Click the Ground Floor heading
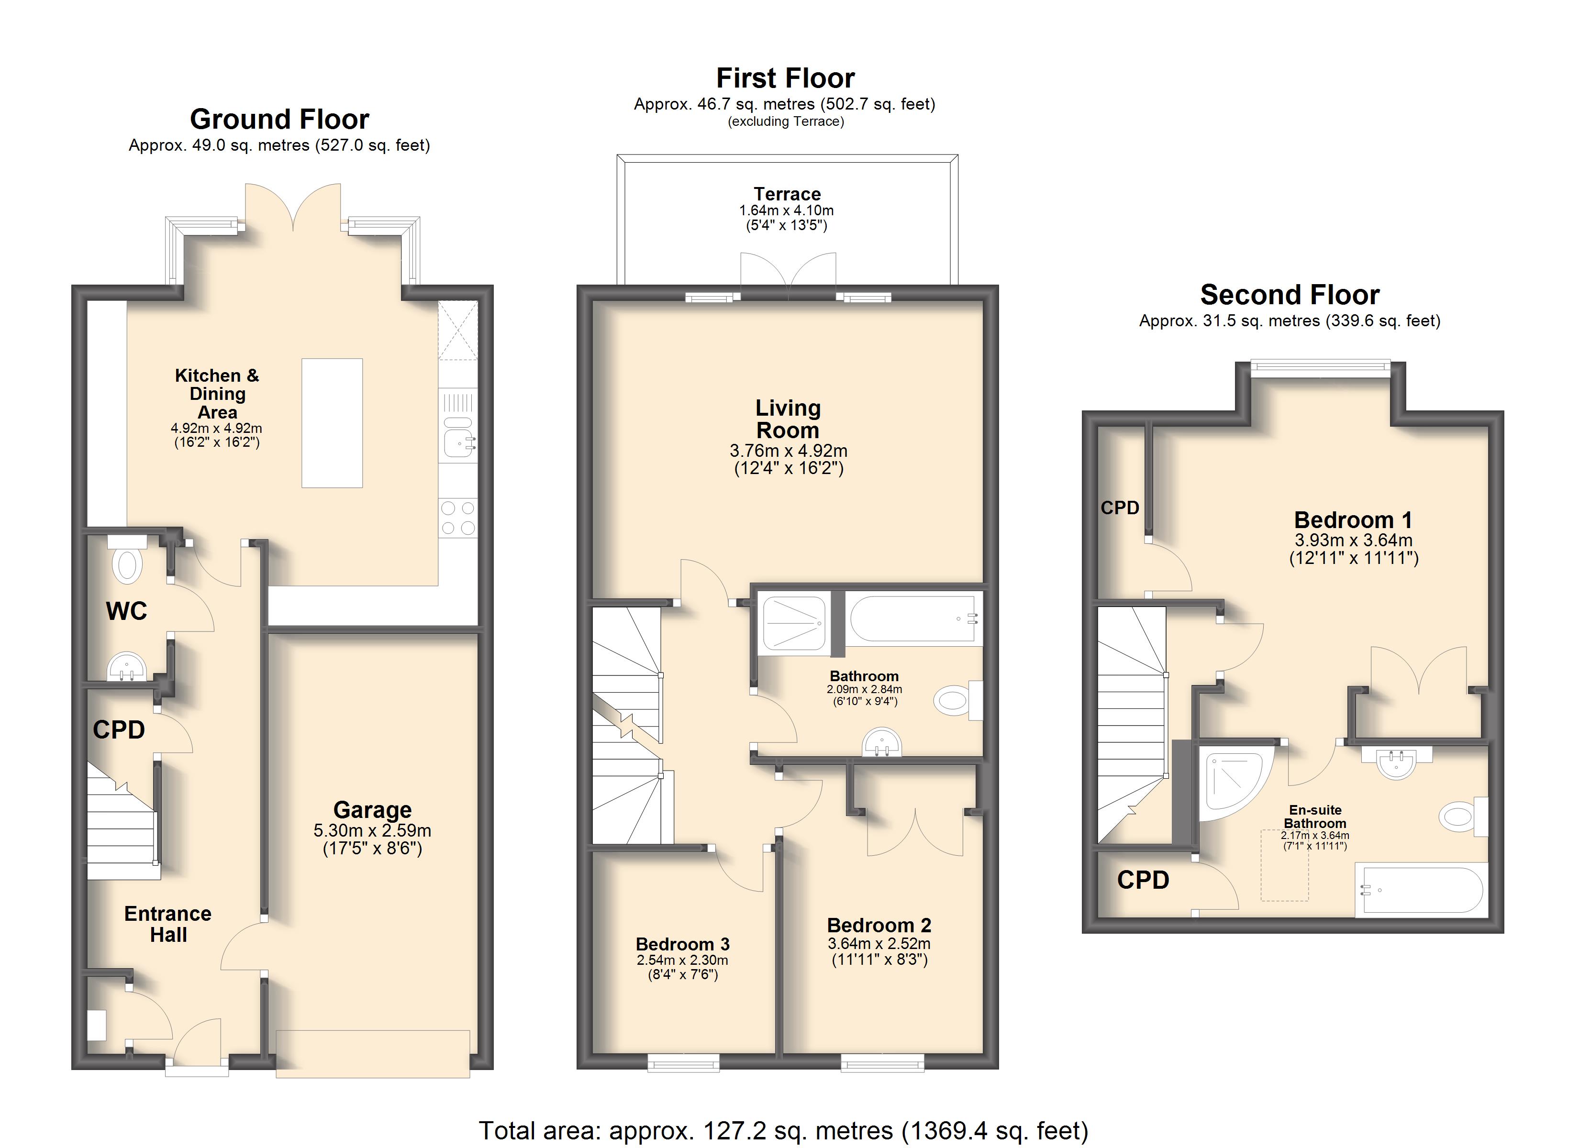point(279,119)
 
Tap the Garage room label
point(372,810)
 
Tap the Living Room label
point(788,419)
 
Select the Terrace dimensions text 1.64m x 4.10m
point(787,210)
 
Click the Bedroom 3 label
point(682,944)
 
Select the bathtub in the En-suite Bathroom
point(1421,889)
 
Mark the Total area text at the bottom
point(783,1131)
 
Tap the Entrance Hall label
point(168,924)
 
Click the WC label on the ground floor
point(127,611)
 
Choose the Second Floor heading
point(1290,295)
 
